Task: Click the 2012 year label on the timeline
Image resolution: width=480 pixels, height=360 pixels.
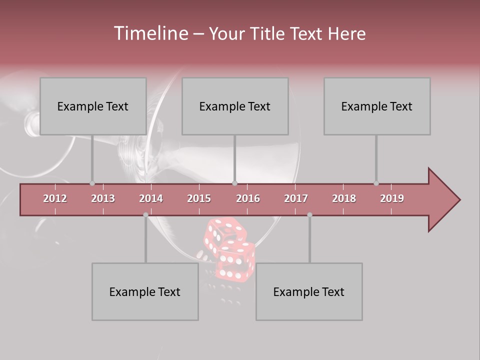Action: click(x=55, y=198)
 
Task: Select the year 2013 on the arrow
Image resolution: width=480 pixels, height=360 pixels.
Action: click(x=103, y=198)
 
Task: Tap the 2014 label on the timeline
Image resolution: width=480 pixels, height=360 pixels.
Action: click(x=151, y=198)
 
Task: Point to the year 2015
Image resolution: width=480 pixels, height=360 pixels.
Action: click(x=199, y=198)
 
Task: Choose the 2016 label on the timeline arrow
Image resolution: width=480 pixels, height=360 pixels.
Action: click(x=248, y=198)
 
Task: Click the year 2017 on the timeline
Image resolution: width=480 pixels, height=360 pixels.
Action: click(x=296, y=198)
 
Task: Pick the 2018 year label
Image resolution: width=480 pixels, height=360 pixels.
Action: click(x=344, y=198)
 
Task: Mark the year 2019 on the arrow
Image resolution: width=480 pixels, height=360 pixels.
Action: click(x=392, y=198)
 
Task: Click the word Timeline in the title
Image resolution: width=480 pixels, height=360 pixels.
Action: click(x=150, y=33)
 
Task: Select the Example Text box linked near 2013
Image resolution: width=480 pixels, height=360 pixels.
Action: click(x=93, y=106)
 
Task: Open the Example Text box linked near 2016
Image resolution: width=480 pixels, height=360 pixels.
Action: click(x=235, y=106)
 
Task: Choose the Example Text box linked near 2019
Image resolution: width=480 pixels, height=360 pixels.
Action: click(x=377, y=106)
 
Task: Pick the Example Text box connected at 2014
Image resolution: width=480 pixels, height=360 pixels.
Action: click(x=145, y=291)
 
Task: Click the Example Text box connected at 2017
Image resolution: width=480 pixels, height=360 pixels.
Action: click(x=309, y=291)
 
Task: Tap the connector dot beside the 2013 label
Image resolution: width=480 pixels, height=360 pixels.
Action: click(x=92, y=183)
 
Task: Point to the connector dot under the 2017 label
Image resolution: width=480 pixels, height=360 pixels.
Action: click(x=309, y=215)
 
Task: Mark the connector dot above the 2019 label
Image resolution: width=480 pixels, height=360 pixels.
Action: click(x=376, y=183)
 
